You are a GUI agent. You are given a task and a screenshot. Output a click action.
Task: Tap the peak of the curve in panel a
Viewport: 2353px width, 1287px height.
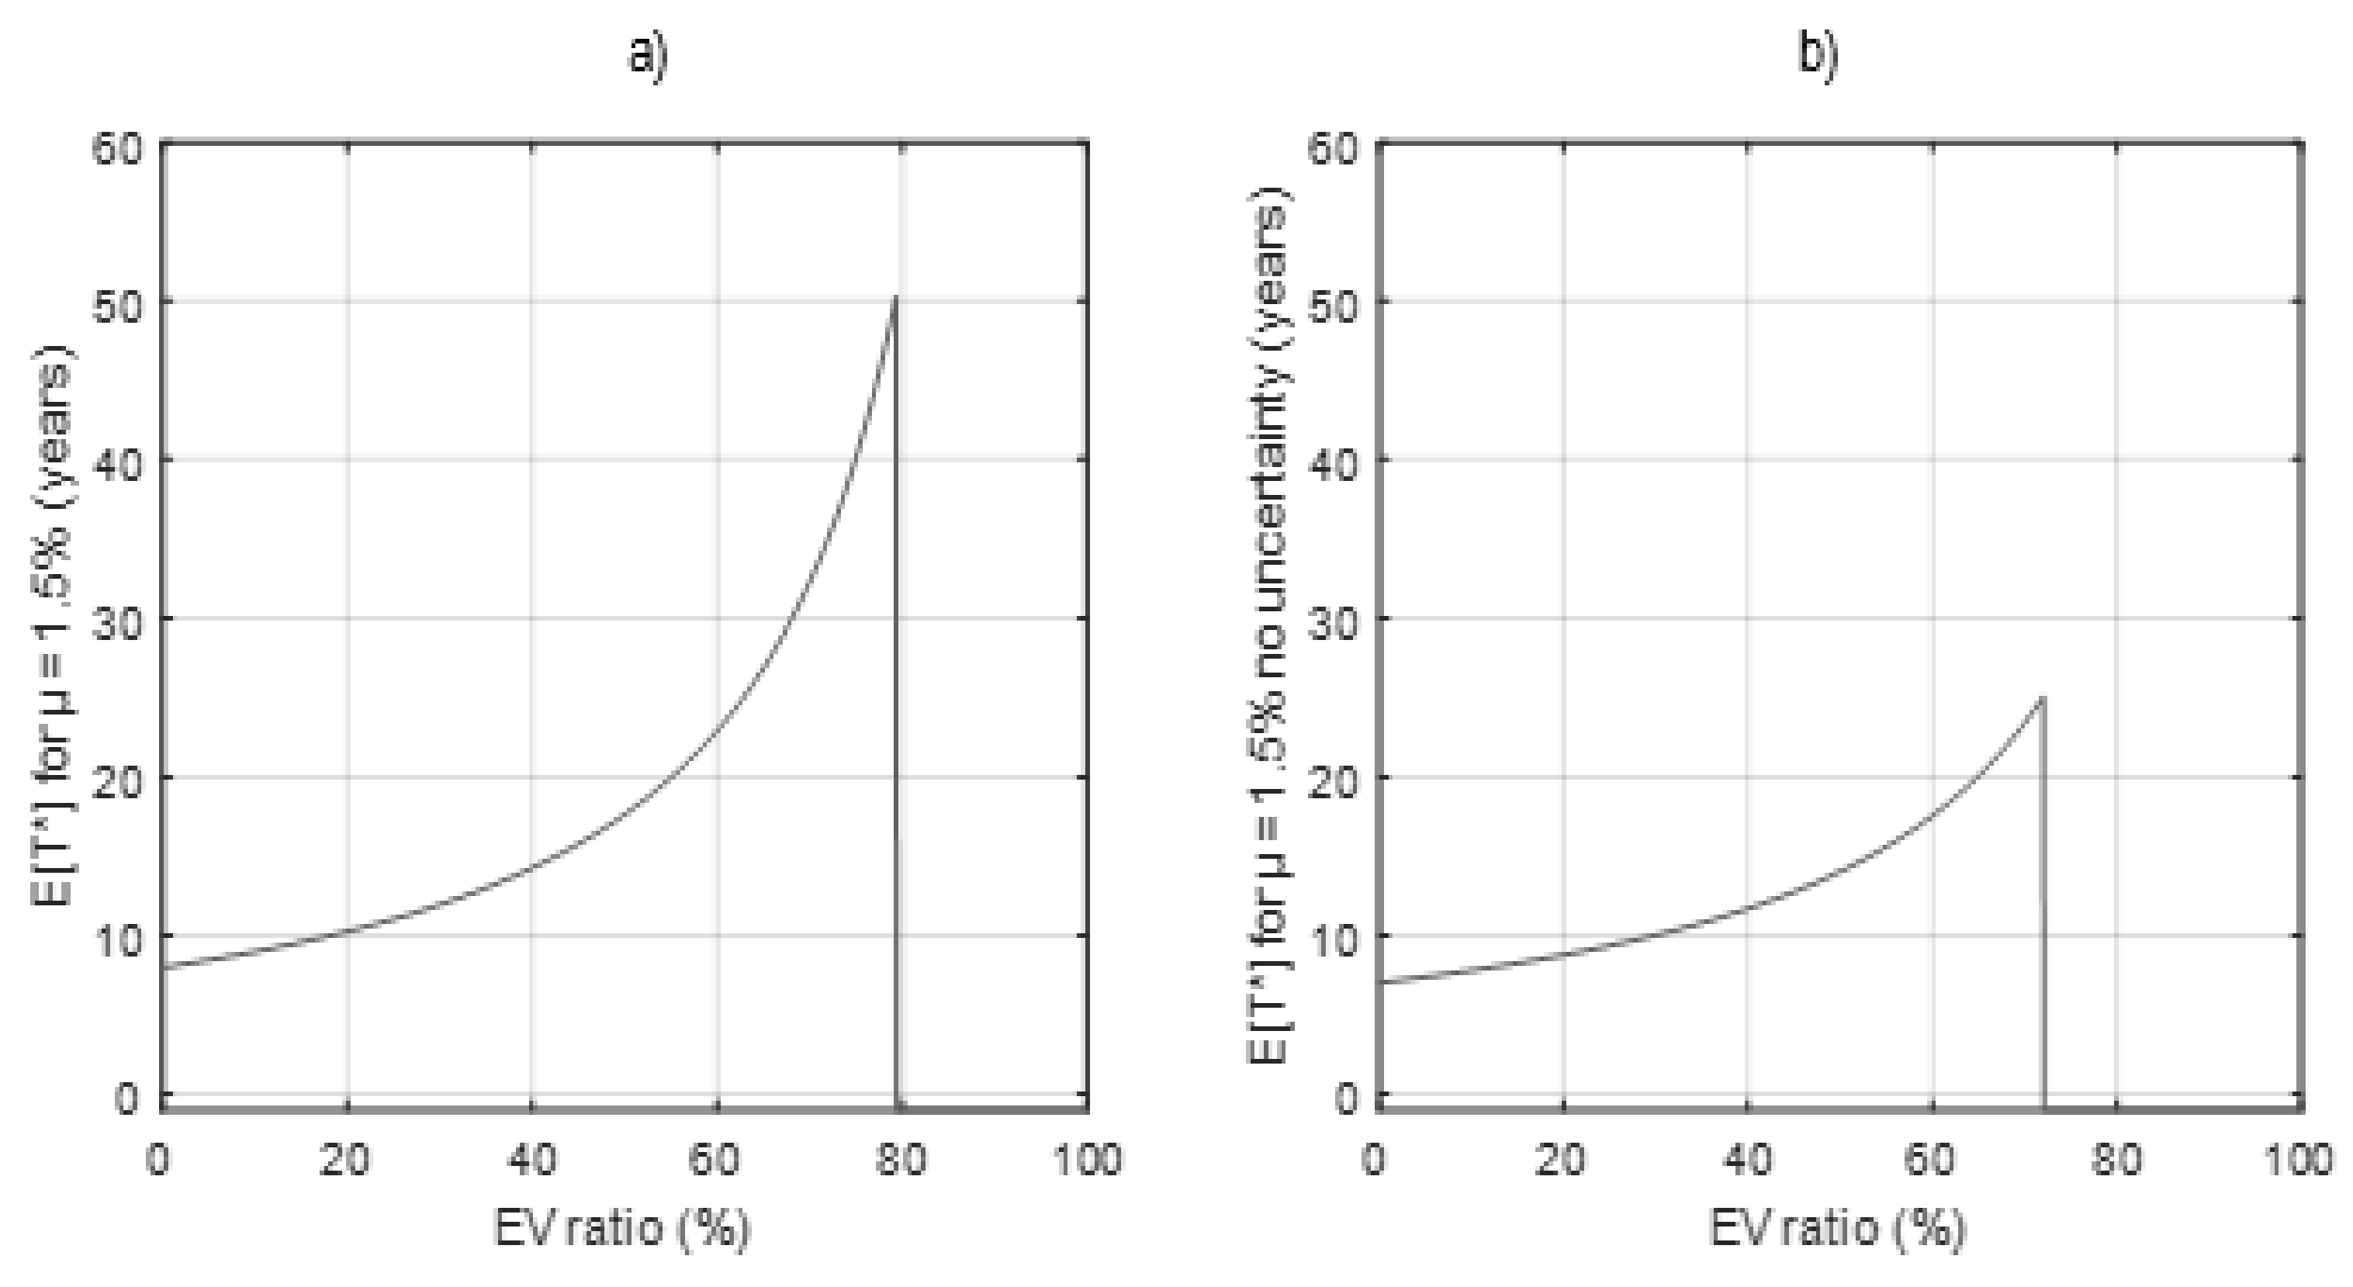coord(894,298)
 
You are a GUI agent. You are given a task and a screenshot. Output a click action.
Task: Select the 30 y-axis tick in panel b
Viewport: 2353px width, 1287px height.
coord(1334,619)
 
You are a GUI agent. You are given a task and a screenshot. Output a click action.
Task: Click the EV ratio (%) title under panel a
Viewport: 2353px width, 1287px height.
coord(622,1229)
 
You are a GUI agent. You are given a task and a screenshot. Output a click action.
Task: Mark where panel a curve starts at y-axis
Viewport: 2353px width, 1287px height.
coord(164,967)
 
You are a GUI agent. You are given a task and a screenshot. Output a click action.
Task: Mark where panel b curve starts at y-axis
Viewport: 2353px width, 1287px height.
coord(1379,982)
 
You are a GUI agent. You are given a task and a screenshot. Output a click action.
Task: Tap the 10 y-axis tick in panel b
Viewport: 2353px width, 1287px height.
coord(1334,936)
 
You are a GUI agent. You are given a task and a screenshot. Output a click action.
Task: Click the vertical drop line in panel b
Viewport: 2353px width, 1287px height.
coord(2042,913)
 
